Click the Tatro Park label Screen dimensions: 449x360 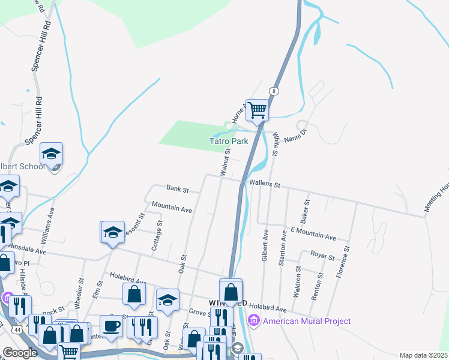[x=228, y=142]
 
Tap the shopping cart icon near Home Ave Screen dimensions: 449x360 [x=257, y=110]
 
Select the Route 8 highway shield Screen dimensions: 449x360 [x=274, y=91]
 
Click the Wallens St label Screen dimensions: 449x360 [x=264, y=185]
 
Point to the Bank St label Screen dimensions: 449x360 [x=178, y=190]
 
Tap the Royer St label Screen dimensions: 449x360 [x=322, y=256]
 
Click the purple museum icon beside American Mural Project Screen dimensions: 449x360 [x=254, y=322]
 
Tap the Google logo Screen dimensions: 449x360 [x=20, y=353]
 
